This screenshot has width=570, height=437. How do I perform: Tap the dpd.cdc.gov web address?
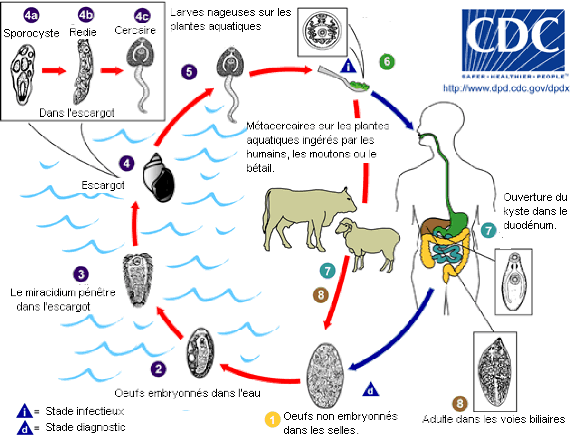506,88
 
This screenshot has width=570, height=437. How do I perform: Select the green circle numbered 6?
387,62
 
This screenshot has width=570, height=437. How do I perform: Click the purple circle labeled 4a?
31,15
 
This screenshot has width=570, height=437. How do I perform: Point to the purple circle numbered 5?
189,72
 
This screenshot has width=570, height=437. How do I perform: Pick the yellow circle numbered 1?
272,419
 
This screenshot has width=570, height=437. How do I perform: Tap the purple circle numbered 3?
81,274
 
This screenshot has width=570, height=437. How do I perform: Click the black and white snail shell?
159,177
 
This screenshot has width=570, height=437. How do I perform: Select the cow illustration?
310,218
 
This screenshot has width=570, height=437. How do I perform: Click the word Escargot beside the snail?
103,185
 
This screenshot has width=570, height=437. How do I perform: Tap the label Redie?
83,32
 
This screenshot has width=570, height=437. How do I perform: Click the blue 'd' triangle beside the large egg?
370,388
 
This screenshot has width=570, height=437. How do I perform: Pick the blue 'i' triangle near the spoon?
348,66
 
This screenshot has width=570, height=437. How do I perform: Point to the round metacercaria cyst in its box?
323,31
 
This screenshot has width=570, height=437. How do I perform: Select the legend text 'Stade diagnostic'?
85,427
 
